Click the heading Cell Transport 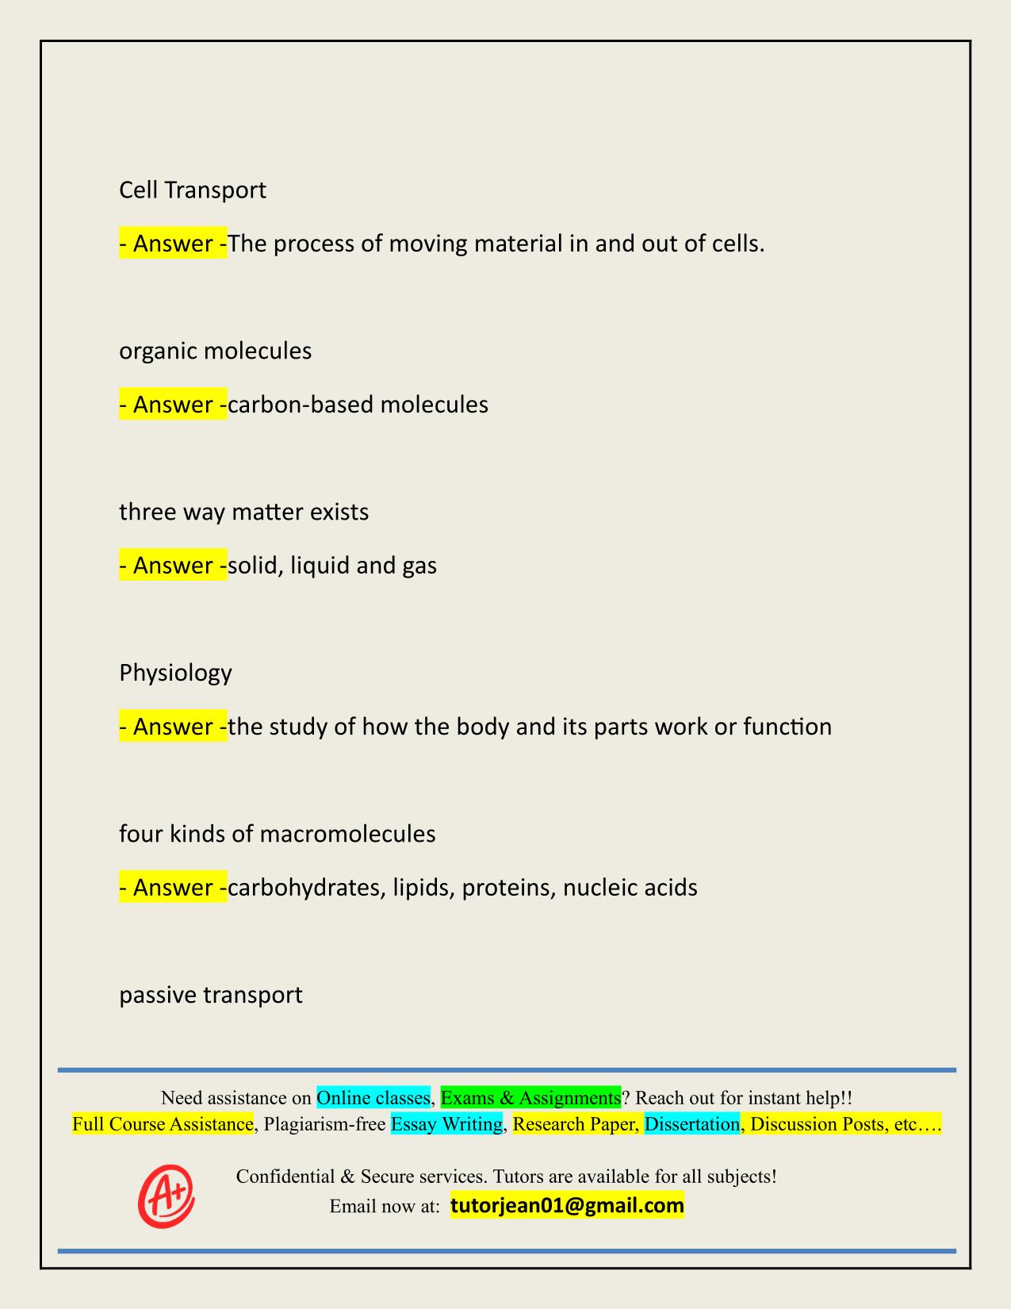pyautogui.click(x=192, y=190)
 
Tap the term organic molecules pyautogui.click(x=215, y=351)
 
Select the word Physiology pyautogui.click(x=175, y=673)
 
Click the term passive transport pyautogui.click(x=210, y=995)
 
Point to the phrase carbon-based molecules pyautogui.click(x=358, y=405)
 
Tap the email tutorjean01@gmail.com pyautogui.click(x=567, y=1206)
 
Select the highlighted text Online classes pyautogui.click(x=373, y=1098)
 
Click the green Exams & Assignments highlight pyautogui.click(x=530, y=1098)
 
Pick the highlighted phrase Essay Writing pyautogui.click(x=446, y=1124)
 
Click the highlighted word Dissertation pyautogui.click(x=691, y=1124)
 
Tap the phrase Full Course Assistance pyautogui.click(x=163, y=1124)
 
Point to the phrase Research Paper pyautogui.click(x=575, y=1124)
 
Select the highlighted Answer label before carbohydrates pyautogui.click(x=173, y=887)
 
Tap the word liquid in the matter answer pyautogui.click(x=318, y=566)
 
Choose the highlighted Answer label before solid pyautogui.click(x=173, y=566)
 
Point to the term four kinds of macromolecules pyautogui.click(x=277, y=834)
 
